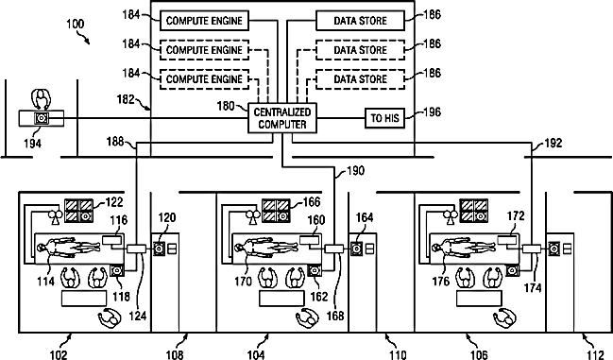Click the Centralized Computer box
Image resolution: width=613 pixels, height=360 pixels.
282,118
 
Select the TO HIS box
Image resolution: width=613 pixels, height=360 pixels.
384,118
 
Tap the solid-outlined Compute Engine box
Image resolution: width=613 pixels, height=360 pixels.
204,21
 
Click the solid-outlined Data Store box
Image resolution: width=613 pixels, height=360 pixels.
360,21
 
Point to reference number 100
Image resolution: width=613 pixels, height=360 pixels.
75,25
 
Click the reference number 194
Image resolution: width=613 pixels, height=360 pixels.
32,144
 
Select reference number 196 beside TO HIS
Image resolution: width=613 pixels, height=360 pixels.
433,112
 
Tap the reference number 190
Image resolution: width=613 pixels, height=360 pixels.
355,171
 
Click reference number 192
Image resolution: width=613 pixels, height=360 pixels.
553,143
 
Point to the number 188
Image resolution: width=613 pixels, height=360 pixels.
115,141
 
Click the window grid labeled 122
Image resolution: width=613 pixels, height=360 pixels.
79,211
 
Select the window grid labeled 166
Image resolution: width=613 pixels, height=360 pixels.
277,211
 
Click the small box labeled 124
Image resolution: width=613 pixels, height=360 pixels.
136,249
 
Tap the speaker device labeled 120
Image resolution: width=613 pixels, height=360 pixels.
160,249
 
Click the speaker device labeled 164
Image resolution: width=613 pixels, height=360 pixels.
356,249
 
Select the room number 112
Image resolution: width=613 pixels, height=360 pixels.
595,354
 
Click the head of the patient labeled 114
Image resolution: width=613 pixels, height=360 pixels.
41,248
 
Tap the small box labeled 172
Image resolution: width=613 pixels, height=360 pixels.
507,240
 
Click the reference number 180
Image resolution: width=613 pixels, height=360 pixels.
226,107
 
